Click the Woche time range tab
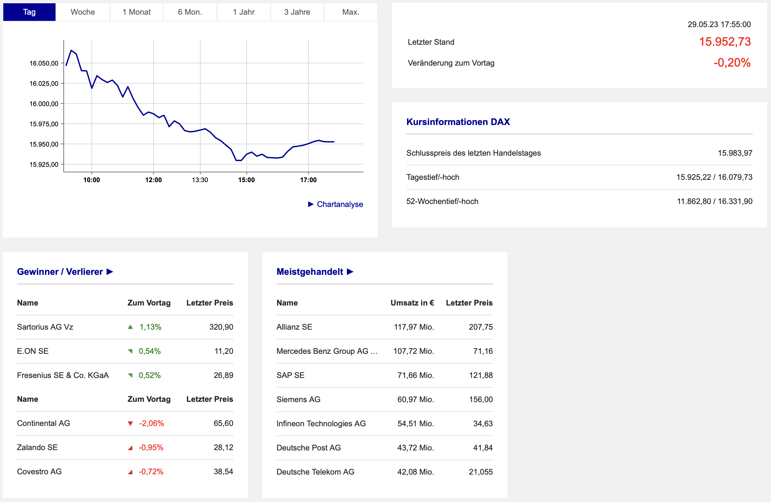point(83,12)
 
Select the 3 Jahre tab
point(297,12)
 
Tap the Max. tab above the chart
point(351,12)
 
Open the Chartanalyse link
point(339,204)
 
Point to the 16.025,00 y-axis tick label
point(44,84)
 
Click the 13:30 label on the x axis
point(200,180)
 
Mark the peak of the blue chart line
point(71,51)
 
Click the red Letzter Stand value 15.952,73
point(725,42)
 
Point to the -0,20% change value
point(732,63)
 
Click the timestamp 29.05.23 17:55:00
point(719,24)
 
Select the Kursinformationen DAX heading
point(458,122)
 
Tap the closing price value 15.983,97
point(735,153)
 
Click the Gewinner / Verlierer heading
point(60,272)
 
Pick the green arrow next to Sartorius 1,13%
point(130,327)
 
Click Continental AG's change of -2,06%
point(152,423)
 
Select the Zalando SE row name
point(37,447)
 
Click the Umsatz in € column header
point(412,303)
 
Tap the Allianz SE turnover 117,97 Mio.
point(414,327)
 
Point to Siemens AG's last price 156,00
point(481,400)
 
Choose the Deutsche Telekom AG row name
point(315,472)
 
